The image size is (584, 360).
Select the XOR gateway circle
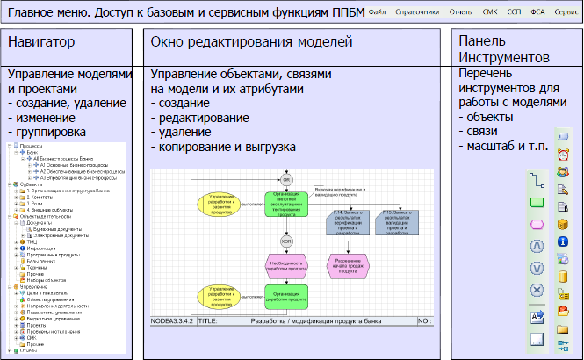tap(286, 241)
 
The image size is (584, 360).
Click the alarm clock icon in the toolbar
tap(563, 155)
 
